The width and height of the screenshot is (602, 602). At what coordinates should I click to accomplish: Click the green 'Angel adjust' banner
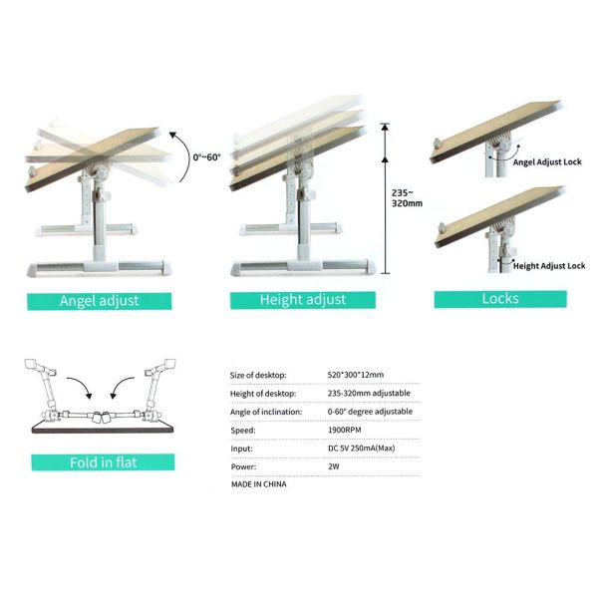pos(100,301)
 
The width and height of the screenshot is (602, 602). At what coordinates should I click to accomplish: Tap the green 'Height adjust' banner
pos(303,300)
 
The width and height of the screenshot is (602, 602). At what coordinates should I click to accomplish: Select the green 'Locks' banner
pos(500,299)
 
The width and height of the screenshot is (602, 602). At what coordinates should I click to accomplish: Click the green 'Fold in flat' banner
pos(103,462)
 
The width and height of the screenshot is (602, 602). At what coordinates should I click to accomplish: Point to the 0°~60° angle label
pos(206,157)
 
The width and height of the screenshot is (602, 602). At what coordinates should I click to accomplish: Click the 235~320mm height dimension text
pos(407,198)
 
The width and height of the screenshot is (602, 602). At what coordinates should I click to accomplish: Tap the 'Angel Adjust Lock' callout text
pos(547,162)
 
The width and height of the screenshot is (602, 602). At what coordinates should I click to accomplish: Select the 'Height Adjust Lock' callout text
pos(549,266)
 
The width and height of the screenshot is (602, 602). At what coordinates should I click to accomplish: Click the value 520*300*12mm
pos(356,375)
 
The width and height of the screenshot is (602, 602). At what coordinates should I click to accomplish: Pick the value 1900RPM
pos(345,430)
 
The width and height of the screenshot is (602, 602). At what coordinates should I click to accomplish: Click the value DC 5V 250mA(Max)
pos(361,449)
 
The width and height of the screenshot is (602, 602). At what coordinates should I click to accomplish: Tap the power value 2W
pos(334,466)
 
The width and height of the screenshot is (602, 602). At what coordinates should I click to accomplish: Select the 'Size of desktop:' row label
pos(258,375)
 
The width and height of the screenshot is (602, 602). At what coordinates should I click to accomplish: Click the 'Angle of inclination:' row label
pos(266,412)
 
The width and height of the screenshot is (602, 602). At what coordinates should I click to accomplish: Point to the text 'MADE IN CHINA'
pos(259,484)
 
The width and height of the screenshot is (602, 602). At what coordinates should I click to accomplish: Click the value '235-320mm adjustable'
pos(369,393)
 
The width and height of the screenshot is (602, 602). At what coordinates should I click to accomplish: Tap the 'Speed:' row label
pos(243,431)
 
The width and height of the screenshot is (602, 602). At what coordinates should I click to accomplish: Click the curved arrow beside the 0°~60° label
pos(187,155)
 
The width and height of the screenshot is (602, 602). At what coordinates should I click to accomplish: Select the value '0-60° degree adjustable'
pos(370,412)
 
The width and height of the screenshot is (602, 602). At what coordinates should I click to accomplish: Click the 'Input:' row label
pos(241,449)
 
